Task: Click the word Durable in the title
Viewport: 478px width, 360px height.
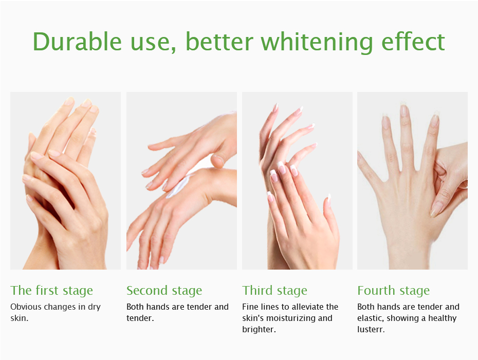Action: (77, 42)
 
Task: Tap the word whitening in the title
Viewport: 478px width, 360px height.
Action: (317, 42)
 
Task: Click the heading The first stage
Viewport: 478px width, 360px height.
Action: (51, 291)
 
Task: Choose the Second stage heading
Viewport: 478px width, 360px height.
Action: (164, 291)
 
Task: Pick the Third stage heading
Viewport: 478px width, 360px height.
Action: (274, 291)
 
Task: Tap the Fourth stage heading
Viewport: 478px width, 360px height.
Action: (394, 291)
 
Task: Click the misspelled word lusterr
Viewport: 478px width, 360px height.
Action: (371, 329)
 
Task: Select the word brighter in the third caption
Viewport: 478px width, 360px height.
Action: (259, 330)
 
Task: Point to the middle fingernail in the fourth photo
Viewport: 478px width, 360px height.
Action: (404, 110)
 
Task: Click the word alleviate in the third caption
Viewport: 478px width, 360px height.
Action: (308, 307)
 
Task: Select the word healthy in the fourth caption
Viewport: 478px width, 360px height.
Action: (443, 318)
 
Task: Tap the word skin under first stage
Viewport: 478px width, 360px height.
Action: (20, 318)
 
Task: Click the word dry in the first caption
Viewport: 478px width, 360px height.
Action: (94, 307)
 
